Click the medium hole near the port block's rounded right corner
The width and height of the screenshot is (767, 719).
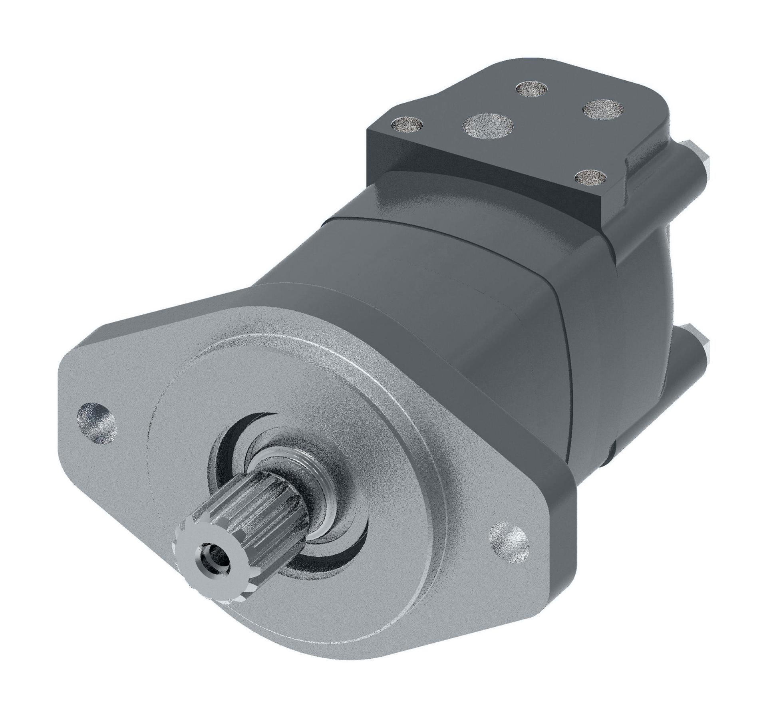(603, 109)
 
